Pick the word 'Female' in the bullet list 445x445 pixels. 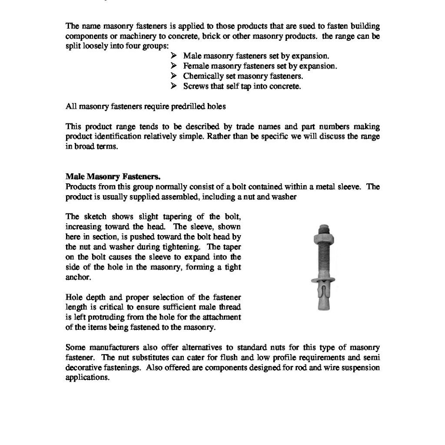click(x=196, y=66)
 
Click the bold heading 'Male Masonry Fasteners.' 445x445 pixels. click(x=113, y=177)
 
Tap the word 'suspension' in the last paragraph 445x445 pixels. click(x=362, y=367)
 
